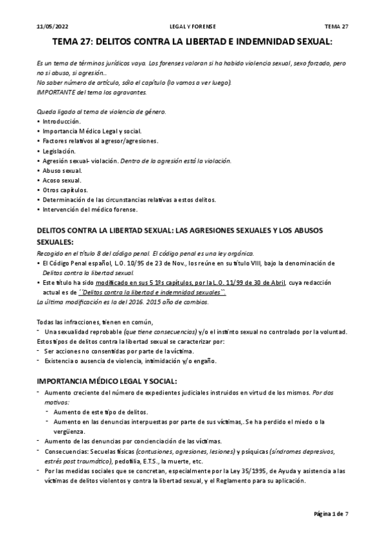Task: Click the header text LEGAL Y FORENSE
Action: tap(192, 26)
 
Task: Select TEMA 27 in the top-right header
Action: tap(336, 26)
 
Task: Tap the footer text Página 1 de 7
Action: tap(330, 515)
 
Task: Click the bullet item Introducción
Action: tap(61, 121)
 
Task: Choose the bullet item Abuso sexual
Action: tap(61, 170)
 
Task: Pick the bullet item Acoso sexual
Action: tap(61, 180)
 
